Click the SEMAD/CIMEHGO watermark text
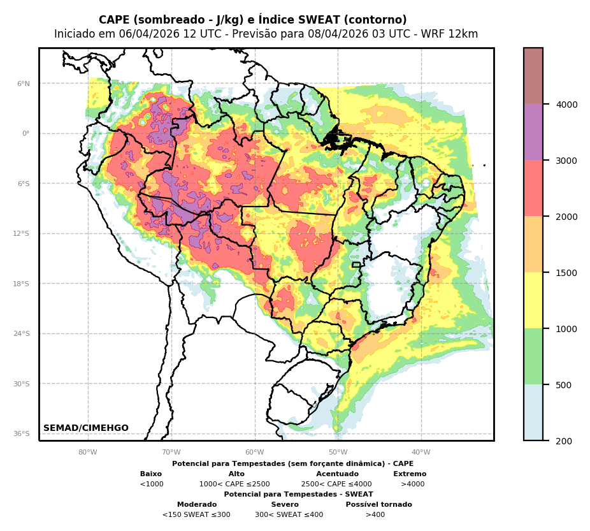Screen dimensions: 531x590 click(86, 428)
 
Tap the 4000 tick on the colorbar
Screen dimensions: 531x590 click(567, 105)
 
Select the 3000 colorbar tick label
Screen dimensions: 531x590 click(567, 161)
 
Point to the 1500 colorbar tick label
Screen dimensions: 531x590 click(567, 273)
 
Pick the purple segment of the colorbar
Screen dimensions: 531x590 click(533, 133)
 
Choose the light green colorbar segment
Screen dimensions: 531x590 click(533, 356)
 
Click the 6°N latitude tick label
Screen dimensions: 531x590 click(24, 84)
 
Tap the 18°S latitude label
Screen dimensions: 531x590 click(22, 284)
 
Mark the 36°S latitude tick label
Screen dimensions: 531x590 click(22, 434)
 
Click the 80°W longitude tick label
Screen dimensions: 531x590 click(88, 453)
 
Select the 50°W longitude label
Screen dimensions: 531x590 click(338, 453)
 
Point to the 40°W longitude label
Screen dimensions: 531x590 click(421, 453)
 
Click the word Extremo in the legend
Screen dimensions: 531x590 click(410, 474)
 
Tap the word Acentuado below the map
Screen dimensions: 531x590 click(337, 474)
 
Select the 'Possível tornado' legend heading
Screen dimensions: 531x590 click(378, 505)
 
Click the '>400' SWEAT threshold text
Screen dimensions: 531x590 click(375, 515)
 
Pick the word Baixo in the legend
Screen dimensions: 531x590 click(151, 474)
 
